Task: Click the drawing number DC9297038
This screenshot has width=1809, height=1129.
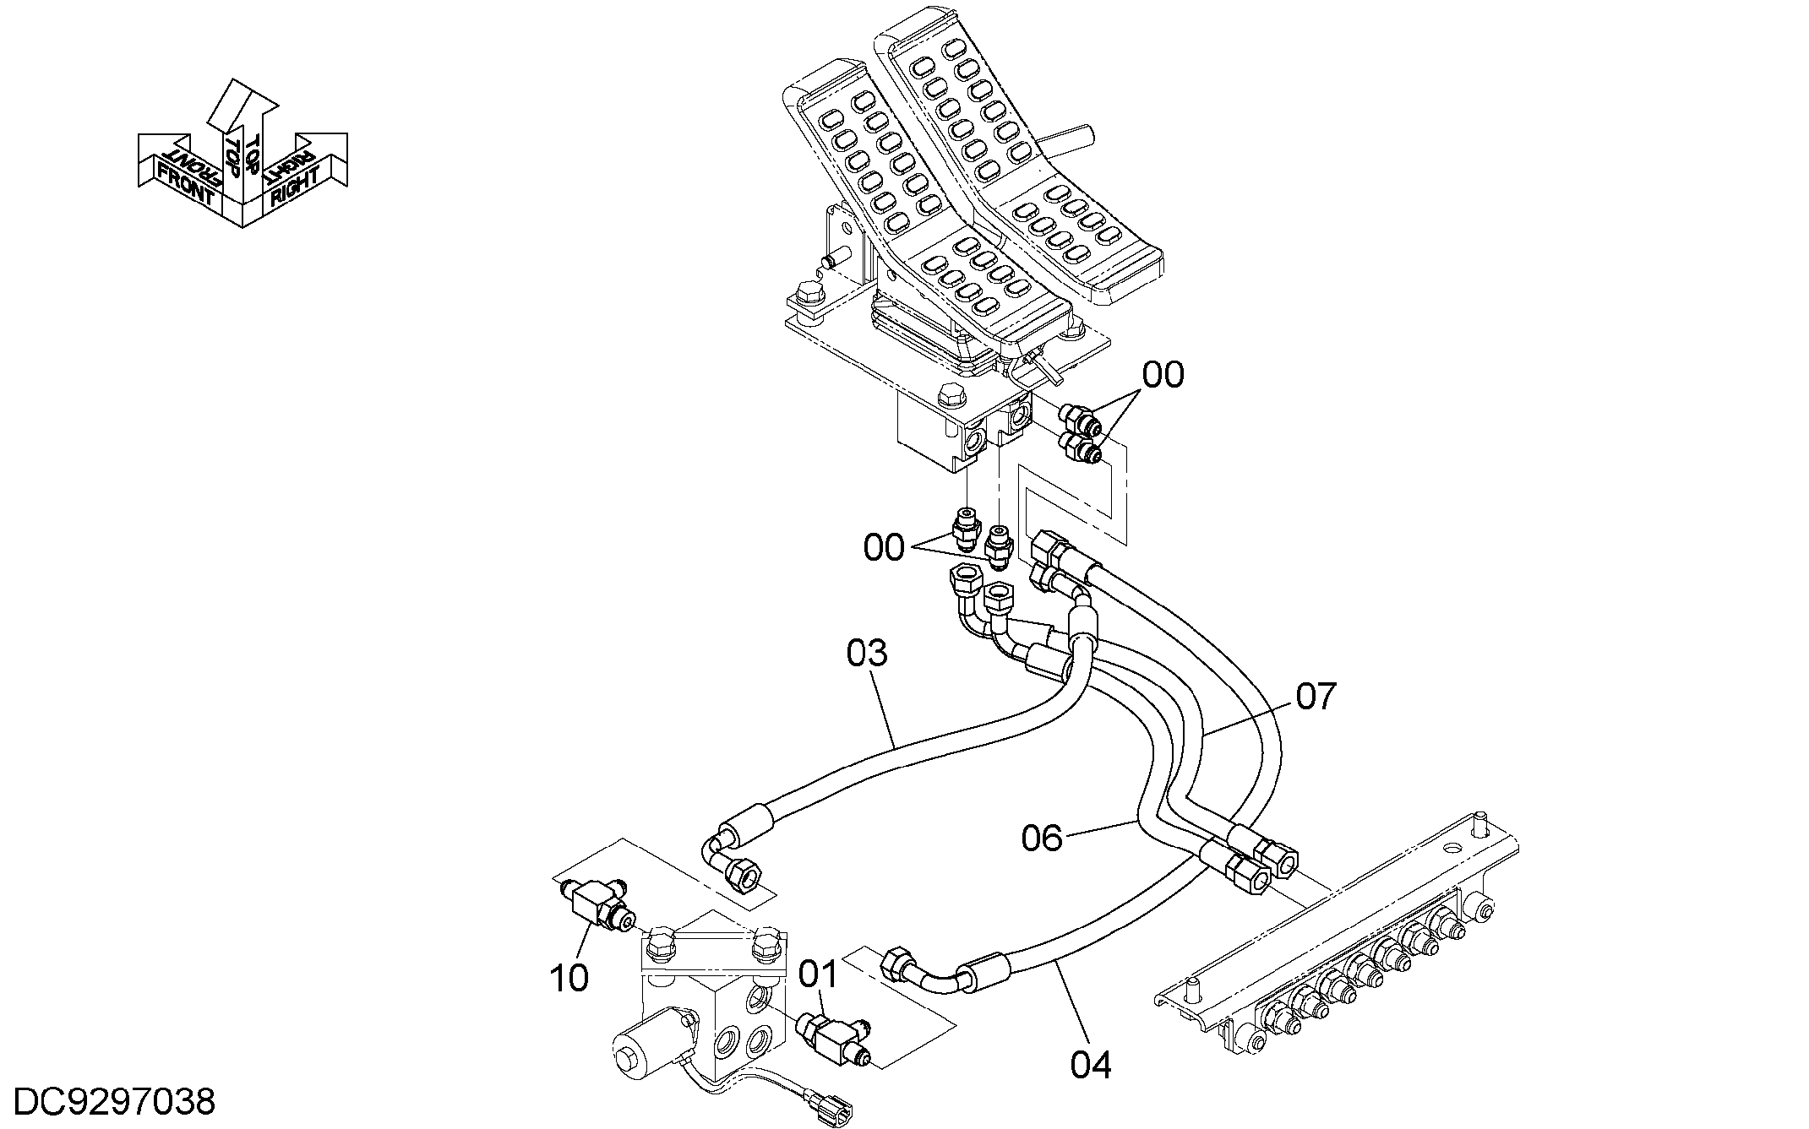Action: click(116, 1103)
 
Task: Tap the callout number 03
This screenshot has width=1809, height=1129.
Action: click(867, 653)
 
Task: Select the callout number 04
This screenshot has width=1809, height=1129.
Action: click(1091, 1065)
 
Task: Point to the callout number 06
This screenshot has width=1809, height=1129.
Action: click(1042, 839)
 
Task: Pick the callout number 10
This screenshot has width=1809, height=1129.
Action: click(569, 978)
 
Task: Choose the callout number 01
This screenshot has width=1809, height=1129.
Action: click(819, 974)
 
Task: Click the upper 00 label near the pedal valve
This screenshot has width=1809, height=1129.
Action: click(1163, 375)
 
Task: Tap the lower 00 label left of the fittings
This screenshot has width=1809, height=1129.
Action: click(884, 548)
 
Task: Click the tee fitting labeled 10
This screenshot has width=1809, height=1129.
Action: click(597, 904)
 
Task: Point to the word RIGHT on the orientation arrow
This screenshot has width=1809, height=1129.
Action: click(295, 187)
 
